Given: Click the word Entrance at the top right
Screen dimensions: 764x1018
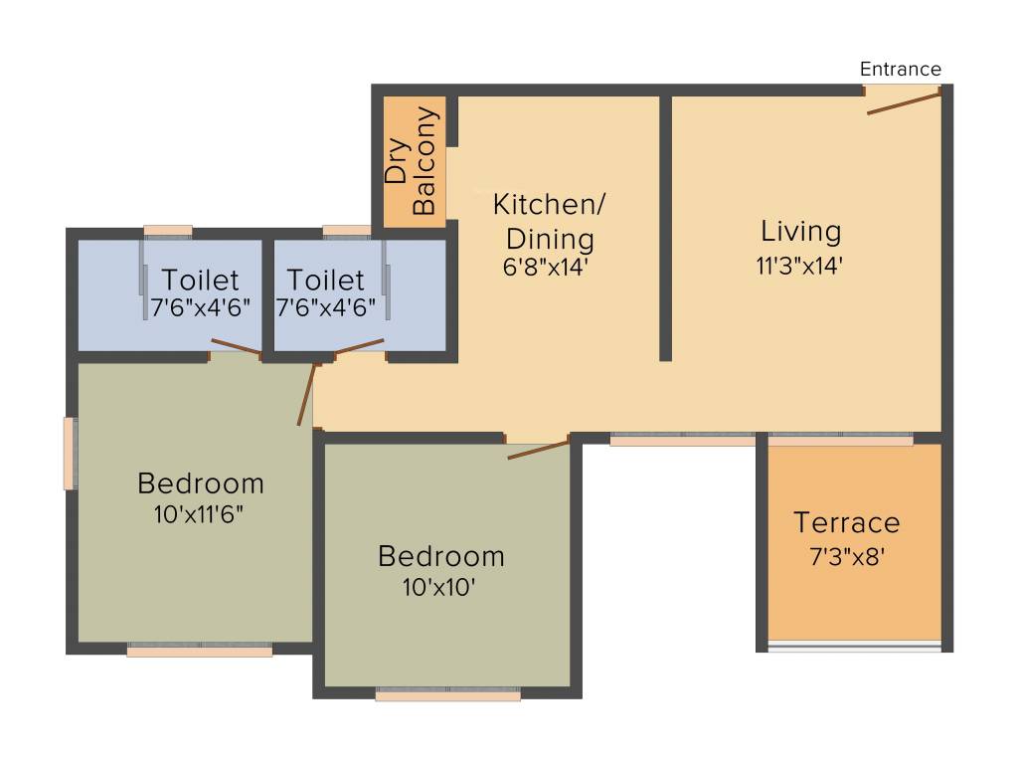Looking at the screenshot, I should (900, 69).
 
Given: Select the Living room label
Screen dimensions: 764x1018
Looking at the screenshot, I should (800, 232).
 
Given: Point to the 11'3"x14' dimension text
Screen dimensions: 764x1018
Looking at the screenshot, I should (800, 266).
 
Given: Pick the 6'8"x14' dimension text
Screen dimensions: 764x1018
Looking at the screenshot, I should (547, 267).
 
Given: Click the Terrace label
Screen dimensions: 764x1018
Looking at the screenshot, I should (846, 522).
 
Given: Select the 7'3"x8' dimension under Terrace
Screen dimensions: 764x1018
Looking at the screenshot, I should (847, 556).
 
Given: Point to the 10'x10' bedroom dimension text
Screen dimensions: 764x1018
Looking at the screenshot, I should (438, 587).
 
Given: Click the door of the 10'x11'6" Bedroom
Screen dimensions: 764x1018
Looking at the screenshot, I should (306, 395).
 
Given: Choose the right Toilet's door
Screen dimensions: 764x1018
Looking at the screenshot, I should (359, 346).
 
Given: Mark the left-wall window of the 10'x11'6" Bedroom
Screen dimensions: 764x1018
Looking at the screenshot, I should (70, 454).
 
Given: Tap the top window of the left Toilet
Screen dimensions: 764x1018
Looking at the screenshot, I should (167, 232).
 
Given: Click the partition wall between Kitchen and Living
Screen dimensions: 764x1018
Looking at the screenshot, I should (665, 228).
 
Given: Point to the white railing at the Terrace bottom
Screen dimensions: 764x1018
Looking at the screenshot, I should (854, 647).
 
